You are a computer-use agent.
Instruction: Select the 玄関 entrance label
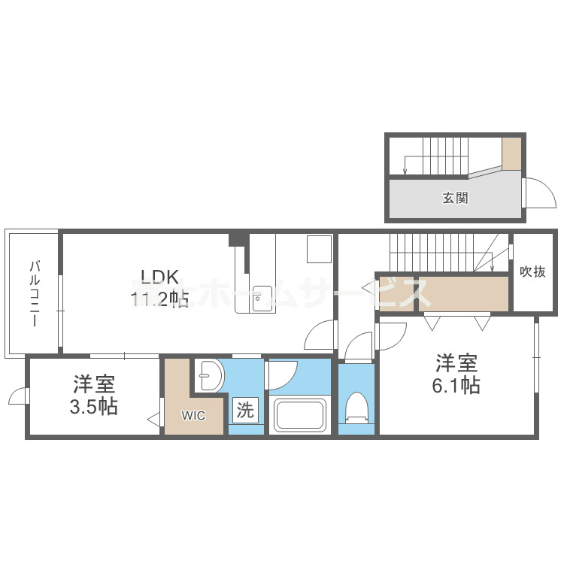pos(455,199)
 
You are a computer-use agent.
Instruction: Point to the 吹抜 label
pos(532,271)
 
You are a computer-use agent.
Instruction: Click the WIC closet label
pos(193,414)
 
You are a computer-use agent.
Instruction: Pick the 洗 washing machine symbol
pos(246,411)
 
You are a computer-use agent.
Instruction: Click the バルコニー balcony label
pos(35,293)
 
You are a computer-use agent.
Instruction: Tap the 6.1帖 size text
pos(456,386)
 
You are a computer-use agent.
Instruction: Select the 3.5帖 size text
pos(94,407)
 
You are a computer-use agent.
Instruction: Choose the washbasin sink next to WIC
pos(210,374)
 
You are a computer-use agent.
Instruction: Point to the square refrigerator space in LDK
pos(319,250)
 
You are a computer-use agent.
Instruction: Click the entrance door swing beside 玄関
pos(539,193)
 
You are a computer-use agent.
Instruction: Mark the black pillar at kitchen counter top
pos(238,239)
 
